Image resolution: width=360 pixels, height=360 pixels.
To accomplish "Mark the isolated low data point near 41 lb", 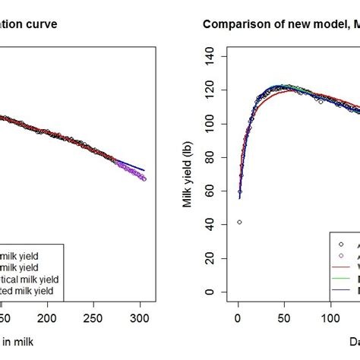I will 239,223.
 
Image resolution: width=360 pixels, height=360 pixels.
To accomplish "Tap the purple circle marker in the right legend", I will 339,255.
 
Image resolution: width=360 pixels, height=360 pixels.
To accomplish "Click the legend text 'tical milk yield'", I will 30,279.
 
